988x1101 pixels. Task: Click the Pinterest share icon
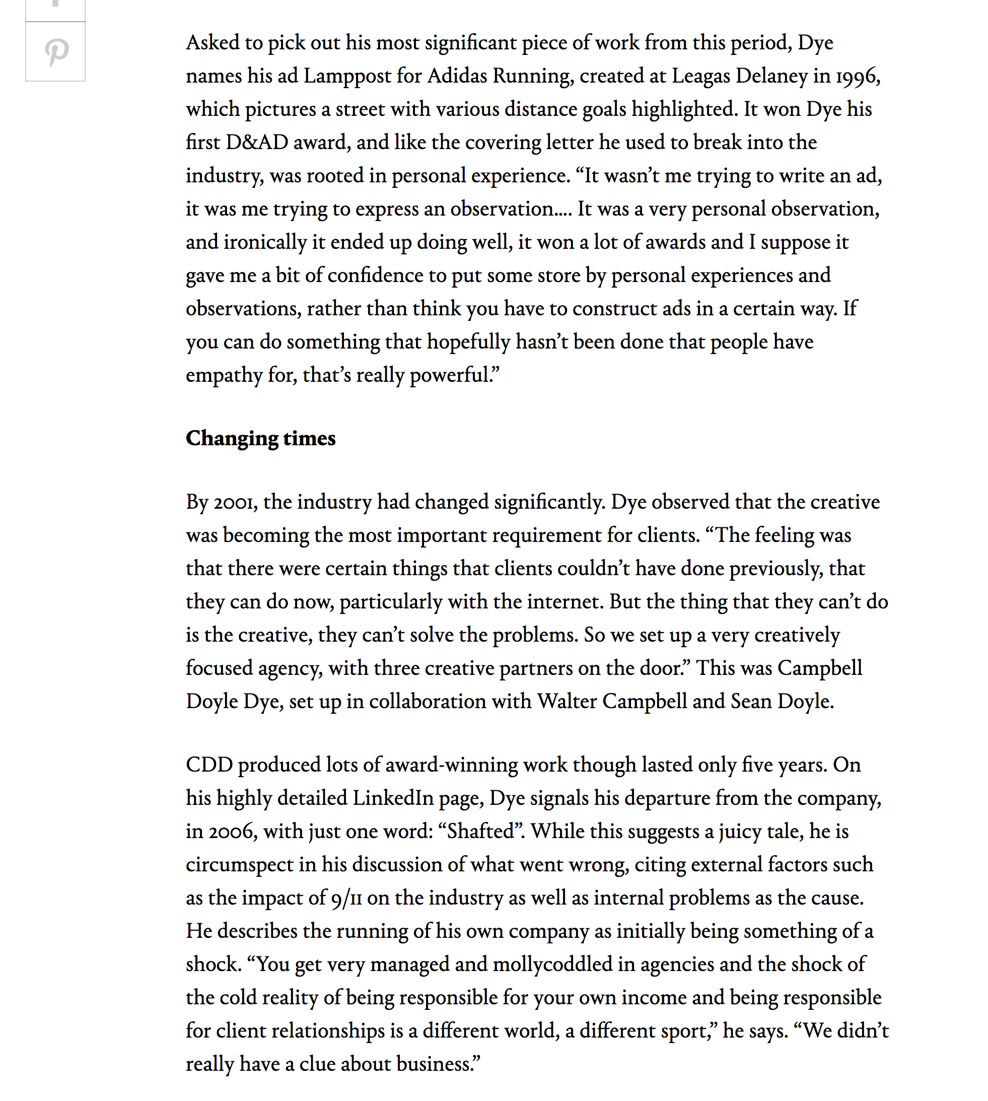[56, 52]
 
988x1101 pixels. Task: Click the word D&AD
[257, 142]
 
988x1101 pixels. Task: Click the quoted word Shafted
[480, 831]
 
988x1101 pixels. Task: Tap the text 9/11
[346, 899]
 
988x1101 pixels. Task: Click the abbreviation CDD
[209, 765]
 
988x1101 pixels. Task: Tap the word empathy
[224, 376]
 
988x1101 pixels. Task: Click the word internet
[564, 601]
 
